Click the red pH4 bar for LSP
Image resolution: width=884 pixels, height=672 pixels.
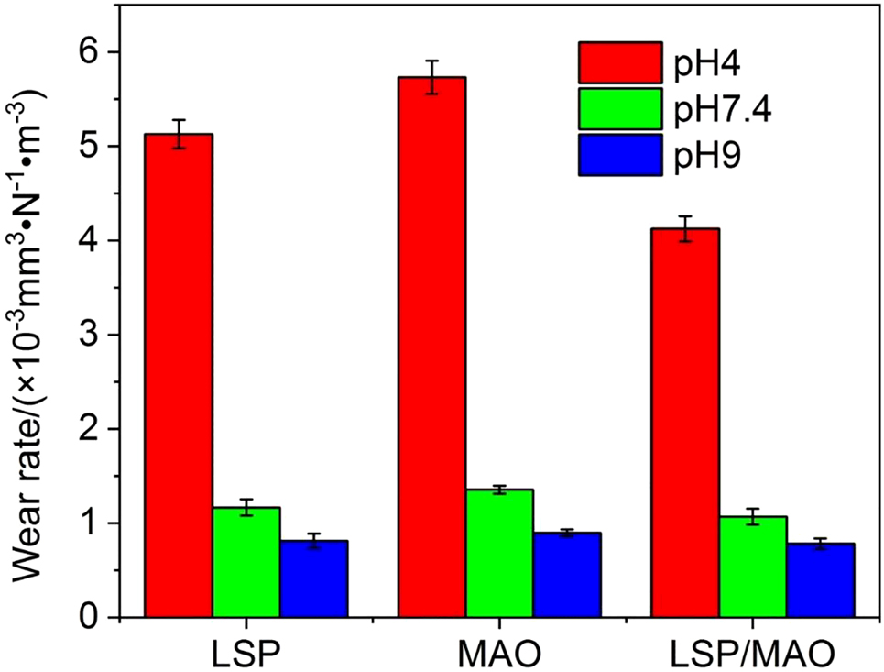(179, 376)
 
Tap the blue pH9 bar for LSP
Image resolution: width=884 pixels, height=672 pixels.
(313, 578)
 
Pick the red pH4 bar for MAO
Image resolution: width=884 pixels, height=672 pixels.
(431, 347)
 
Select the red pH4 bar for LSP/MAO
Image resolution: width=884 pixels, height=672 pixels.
(684, 423)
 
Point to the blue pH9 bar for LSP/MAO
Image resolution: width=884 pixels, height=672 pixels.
(820, 580)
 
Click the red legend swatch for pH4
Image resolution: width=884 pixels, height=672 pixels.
(619, 62)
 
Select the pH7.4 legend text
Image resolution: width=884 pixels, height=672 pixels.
(722, 110)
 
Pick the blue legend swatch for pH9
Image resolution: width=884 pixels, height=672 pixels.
(619, 156)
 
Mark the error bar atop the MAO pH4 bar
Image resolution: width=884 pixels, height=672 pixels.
(431, 77)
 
